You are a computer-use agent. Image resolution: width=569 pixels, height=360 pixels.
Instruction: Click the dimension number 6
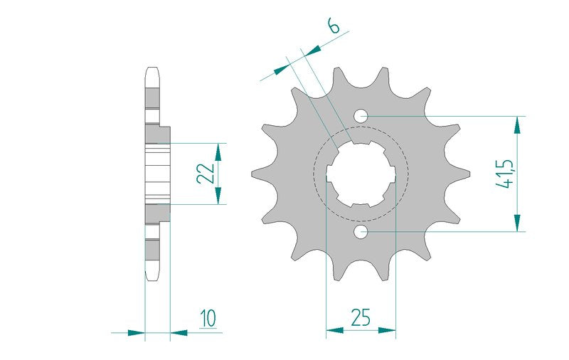[334, 26]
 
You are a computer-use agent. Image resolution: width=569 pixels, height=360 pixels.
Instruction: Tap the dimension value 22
[206, 174]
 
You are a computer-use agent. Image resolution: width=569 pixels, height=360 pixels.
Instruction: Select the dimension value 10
[208, 318]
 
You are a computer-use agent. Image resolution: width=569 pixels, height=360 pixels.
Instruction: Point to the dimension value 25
[361, 317]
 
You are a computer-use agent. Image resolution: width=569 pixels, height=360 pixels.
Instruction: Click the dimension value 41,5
[504, 174]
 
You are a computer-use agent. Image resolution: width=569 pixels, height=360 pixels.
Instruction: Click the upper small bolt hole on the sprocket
[361, 117]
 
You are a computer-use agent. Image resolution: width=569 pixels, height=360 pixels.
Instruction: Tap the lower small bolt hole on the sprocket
[361, 231]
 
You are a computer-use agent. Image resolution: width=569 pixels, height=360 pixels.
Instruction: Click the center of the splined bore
[361, 174]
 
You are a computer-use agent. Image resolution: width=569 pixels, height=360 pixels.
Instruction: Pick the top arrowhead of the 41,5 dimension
[518, 125]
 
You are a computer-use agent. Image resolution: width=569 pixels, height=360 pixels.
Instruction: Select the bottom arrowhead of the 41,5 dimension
[518, 223]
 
